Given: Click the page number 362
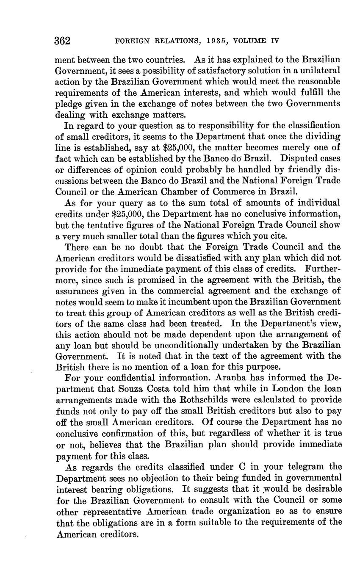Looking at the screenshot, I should coord(62,41).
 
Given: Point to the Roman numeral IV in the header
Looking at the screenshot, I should coord(274,41).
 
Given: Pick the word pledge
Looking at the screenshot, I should coord(67,104).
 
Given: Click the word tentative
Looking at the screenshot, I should coord(106,225).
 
